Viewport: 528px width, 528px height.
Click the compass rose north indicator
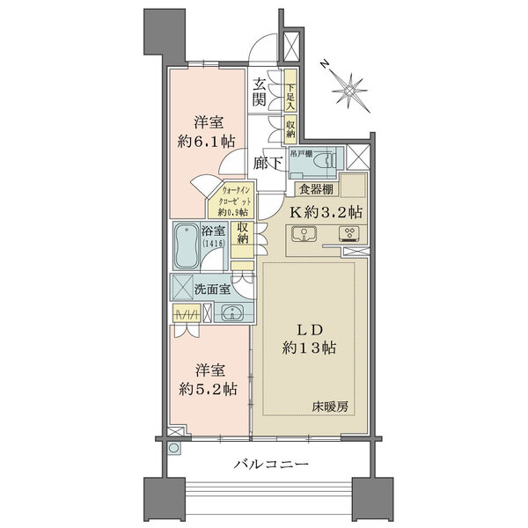click(349, 88)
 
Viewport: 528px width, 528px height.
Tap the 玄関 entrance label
click(261, 92)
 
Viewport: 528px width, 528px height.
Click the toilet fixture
click(326, 158)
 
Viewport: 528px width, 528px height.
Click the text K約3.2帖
click(327, 211)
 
